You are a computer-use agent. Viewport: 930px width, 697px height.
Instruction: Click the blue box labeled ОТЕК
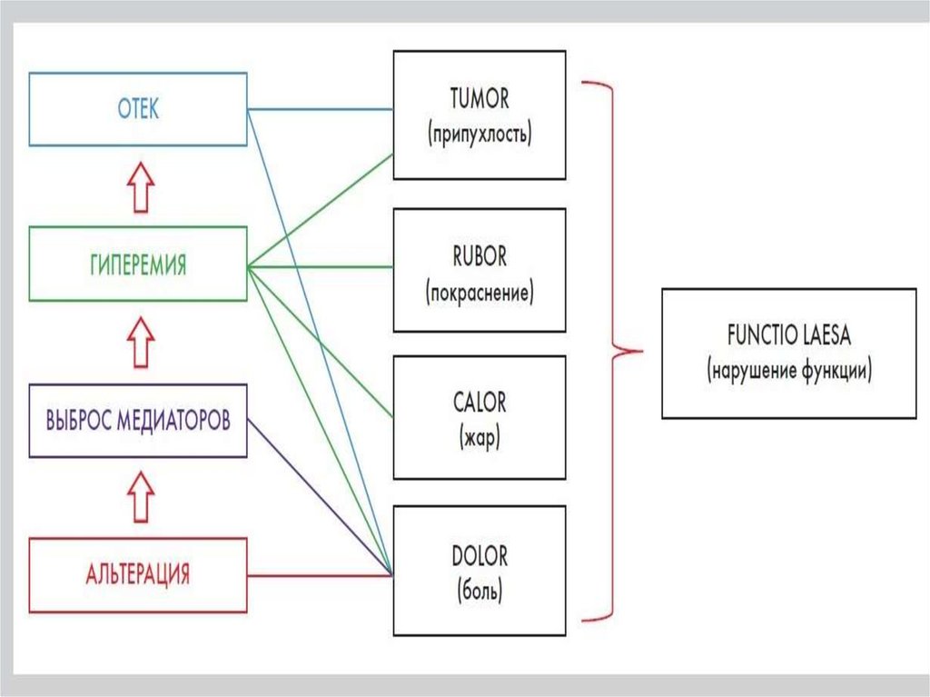(x=138, y=110)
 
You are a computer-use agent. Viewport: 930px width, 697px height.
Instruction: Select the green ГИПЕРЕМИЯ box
(x=138, y=265)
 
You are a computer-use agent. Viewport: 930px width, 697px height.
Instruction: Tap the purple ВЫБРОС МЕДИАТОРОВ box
(x=138, y=421)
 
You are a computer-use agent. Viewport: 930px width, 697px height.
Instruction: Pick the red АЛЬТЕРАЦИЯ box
(x=138, y=574)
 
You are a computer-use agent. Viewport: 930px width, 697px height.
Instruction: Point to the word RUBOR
(x=479, y=257)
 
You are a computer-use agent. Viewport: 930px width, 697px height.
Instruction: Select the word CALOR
(x=479, y=402)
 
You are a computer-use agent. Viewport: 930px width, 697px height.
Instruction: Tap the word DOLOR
(x=479, y=555)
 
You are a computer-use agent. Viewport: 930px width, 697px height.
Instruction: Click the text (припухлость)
(x=479, y=134)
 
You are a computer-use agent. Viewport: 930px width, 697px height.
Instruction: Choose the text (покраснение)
(x=479, y=293)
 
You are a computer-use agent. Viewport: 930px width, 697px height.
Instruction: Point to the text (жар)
(x=479, y=437)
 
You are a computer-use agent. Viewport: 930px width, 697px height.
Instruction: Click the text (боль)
(x=479, y=592)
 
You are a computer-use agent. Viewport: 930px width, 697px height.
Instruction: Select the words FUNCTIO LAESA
(x=787, y=337)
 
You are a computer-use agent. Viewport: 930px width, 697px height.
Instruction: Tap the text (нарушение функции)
(x=787, y=371)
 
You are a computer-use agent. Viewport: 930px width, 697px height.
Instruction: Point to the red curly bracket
(x=618, y=350)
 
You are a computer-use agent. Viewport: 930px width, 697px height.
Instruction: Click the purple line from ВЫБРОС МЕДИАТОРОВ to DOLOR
(x=318, y=495)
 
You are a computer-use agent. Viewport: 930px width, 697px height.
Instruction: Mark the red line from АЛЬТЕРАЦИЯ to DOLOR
(x=318, y=575)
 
